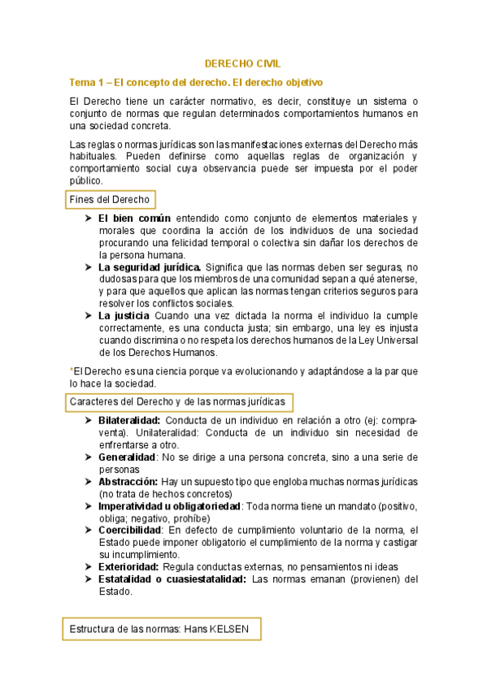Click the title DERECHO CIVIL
242,63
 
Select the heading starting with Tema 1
196,82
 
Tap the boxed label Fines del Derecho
109,199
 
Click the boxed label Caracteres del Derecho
177,401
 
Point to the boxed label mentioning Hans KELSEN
161,629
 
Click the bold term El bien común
134,219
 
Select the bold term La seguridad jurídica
150,266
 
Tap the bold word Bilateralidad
130,421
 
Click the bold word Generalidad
128,457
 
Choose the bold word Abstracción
128,482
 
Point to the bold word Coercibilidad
131,531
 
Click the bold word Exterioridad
128,566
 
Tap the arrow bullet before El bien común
89,219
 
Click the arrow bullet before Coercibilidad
89,531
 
